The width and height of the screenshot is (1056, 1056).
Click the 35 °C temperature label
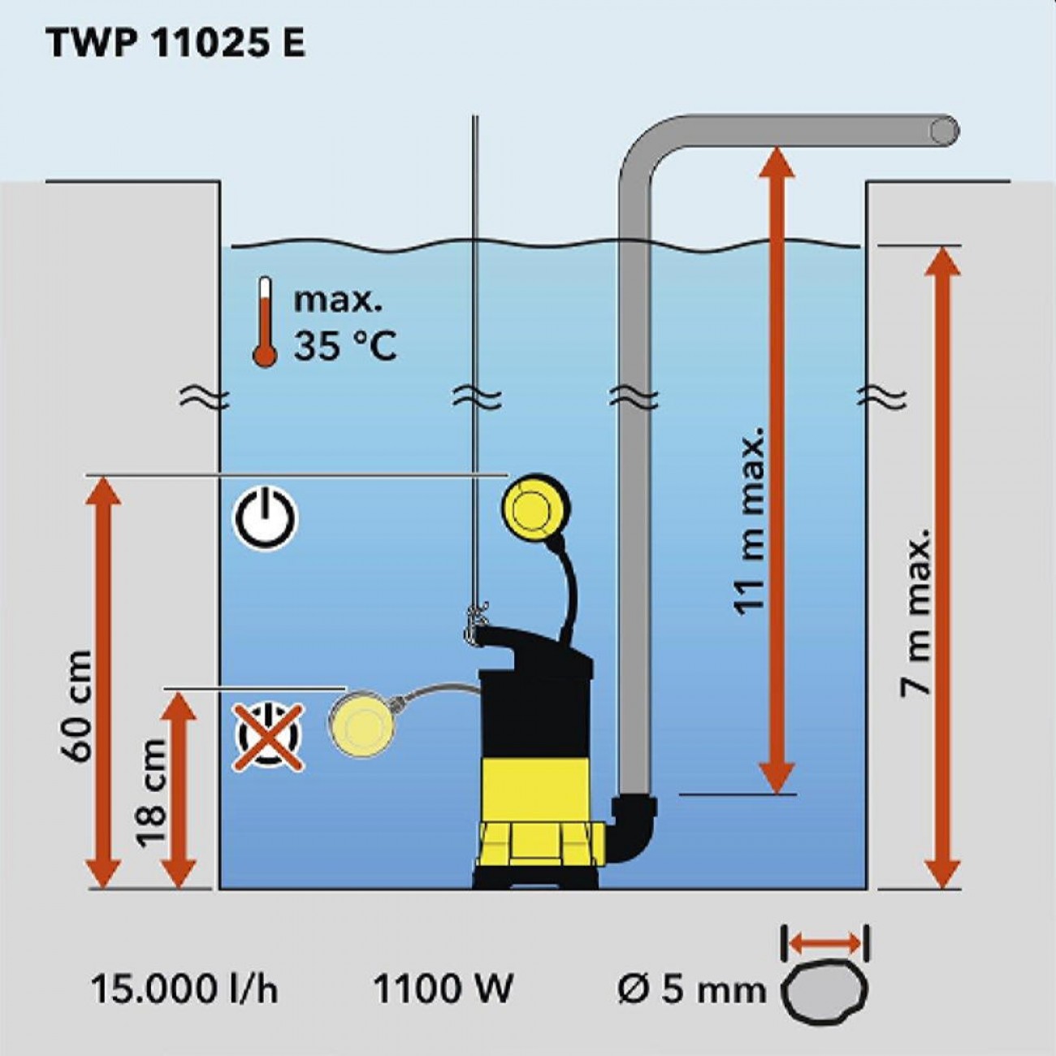(344, 347)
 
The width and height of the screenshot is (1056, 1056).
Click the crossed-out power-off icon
(269, 737)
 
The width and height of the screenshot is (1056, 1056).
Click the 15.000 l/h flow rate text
(184, 990)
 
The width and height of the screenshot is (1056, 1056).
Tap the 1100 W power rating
(443, 990)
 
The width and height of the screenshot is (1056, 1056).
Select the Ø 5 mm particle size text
(691, 990)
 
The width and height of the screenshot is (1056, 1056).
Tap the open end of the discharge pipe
(944, 131)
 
